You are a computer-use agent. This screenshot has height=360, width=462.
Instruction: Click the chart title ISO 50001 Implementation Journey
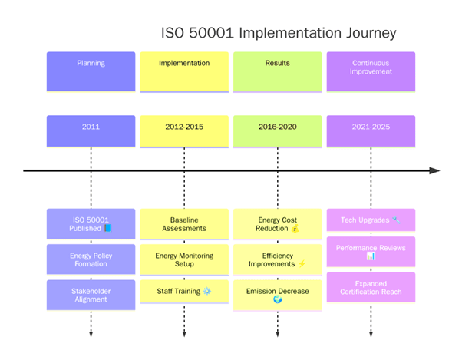pyautogui.click(x=279, y=33)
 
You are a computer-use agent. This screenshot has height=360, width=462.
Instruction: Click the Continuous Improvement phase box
pyautogui.click(x=371, y=67)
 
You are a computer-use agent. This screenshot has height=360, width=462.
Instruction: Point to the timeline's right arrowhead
pyautogui.click(x=435, y=170)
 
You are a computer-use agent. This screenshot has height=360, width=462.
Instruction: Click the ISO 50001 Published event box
pyautogui.click(x=91, y=223)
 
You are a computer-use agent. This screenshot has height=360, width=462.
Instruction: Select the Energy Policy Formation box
pyautogui.click(x=91, y=259)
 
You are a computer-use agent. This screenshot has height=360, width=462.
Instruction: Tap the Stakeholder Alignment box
pyautogui.click(x=91, y=295)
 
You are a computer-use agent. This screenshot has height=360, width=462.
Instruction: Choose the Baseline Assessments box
pyautogui.click(x=184, y=223)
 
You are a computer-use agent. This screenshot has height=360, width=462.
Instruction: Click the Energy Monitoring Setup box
pyautogui.click(x=184, y=259)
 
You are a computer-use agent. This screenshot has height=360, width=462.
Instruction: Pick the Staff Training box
pyautogui.click(x=184, y=291)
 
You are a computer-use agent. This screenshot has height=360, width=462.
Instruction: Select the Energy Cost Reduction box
pyautogui.click(x=277, y=223)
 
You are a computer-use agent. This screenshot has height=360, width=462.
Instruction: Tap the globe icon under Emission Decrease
pyautogui.click(x=278, y=300)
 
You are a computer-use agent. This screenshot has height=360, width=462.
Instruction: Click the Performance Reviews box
pyautogui.click(x=371, y=252)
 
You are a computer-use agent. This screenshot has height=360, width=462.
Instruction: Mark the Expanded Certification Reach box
pyautogui.click(x=371, y=287)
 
